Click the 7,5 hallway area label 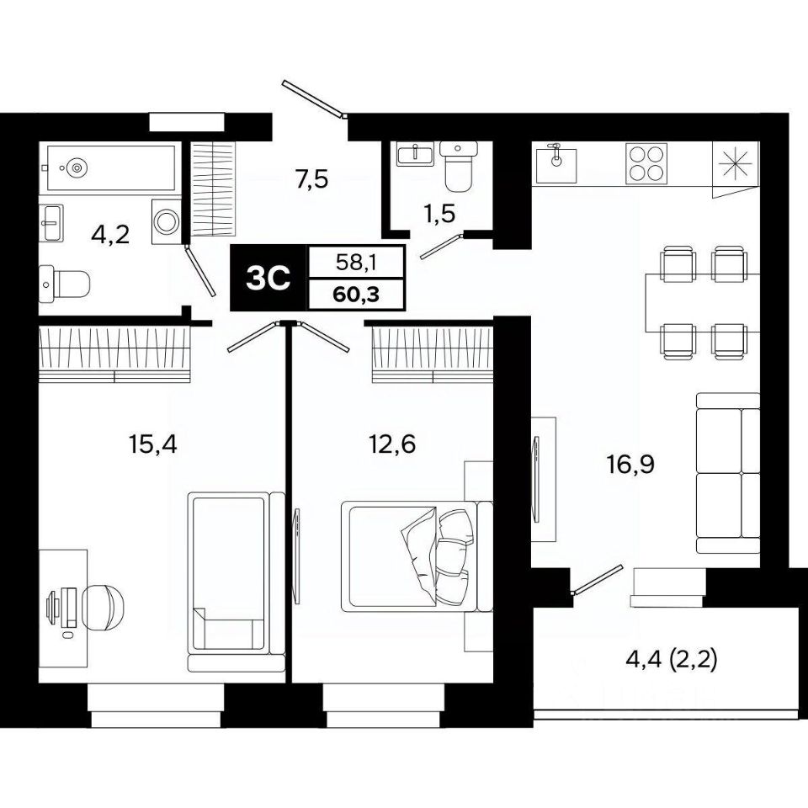[311, 180]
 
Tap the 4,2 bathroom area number [110, 235]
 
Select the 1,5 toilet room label [440, 213]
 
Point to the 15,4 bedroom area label [152, 444]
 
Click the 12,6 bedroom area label [392, 444]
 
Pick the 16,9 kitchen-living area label [630, 465]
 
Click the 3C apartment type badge [268, 279]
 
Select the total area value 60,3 [356, 295]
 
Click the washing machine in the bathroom [167, 222]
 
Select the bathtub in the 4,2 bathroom [111, 167]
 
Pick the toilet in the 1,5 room [458, 166]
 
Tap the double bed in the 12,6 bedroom [417, 556]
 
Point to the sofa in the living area [727, 473]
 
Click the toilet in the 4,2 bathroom [65, 284]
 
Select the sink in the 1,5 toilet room [415, 153]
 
